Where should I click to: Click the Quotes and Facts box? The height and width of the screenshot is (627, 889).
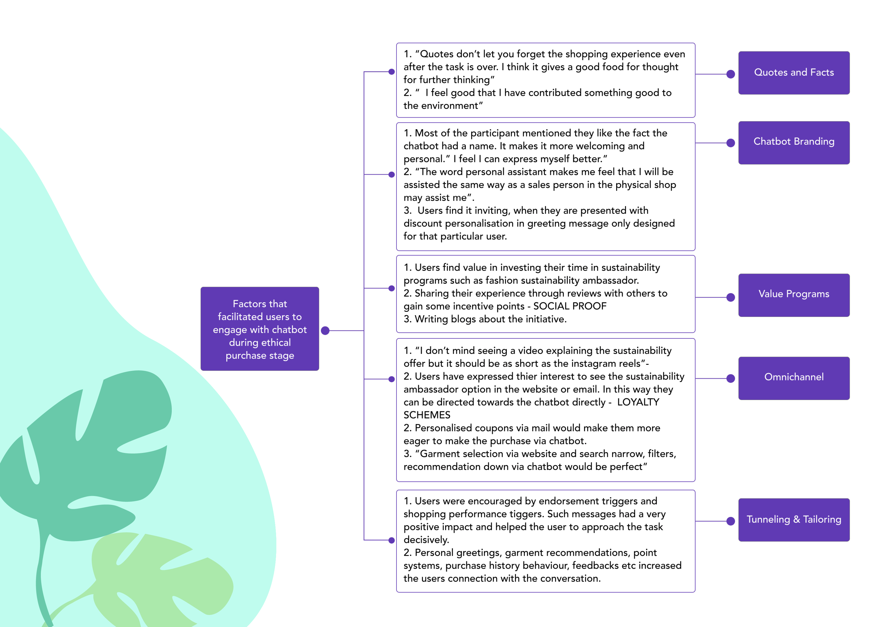pyautogui.click(x=794, y=73)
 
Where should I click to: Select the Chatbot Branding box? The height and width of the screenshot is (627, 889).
pyautogui.click(x=794, y=143)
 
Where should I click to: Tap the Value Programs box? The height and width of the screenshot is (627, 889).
pyautogui.click(x=794, y=295)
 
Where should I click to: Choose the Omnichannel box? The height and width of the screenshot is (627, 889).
pyautogui.click(x=794, y=378)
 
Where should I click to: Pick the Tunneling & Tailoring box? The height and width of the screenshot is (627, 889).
pyautogui.click(x=794, y=520)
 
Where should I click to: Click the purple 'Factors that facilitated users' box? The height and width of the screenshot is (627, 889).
pyautogui.click(x=260, y=329)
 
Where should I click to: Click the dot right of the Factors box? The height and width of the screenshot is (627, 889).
pyautogui.click(x=325, y=331)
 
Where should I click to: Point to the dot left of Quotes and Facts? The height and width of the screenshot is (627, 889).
pyautogui.click(x=731, y=74)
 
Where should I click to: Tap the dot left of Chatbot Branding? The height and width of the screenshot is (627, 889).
pyautogui.click(x=731, y=143)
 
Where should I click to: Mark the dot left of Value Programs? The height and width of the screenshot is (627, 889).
pyautogui.click(x=731, y=297)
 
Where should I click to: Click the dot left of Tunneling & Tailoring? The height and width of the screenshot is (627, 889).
pyautogui.click(x=731, y=521)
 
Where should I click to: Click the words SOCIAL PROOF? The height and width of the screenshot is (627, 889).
pyautogui.click(x=570, y=306)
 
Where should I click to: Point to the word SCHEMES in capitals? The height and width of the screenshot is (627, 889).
pyautogui.click(x=427, y=415)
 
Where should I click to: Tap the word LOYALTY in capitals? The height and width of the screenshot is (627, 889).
pyautogui.click(x=638, y=402)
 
